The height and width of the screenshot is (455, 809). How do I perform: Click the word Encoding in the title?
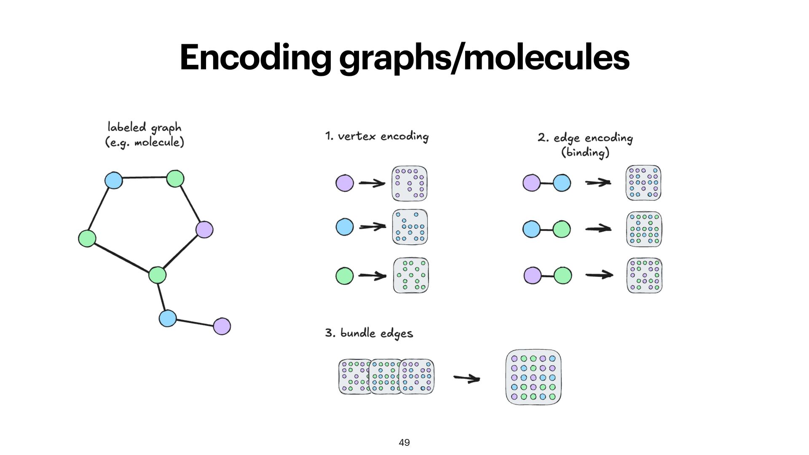255,58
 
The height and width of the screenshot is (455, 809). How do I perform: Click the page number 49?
404,442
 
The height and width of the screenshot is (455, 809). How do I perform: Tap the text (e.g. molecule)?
145,142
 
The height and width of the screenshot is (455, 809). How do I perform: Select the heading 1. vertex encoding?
377,136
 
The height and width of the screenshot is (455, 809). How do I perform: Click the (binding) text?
585,152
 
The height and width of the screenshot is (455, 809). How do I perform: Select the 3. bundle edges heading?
369,333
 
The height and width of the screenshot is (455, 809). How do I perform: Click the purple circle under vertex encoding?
345,183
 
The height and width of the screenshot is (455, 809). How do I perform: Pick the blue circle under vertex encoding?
345,227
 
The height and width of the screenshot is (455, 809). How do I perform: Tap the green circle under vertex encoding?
345,276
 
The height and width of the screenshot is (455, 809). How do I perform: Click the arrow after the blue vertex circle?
372,227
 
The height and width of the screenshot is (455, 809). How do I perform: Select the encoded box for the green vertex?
411,276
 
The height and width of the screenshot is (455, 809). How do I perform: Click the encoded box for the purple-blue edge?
643,183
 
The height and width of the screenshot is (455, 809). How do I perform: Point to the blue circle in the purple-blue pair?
562,183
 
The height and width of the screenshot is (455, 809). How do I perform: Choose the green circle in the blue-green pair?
562,229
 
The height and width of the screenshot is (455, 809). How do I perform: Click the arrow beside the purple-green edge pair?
599,275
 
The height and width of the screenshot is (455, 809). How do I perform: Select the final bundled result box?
533,377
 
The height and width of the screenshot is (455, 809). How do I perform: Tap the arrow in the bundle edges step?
467,378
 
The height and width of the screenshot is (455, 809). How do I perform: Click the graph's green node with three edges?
158,275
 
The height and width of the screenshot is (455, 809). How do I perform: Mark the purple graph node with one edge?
222,326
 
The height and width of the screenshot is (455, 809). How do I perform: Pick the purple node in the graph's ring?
204,230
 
